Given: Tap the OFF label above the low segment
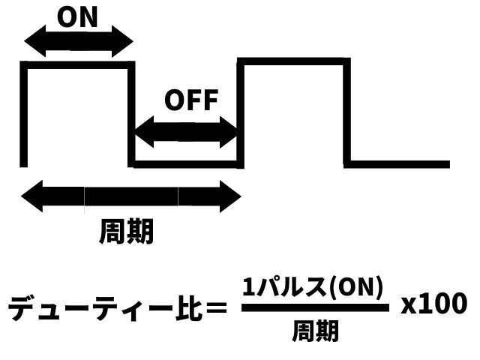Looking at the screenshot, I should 190,100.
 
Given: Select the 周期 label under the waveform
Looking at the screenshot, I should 126,232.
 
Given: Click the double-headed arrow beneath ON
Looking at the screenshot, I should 78,42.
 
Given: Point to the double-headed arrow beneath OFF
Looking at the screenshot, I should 185,132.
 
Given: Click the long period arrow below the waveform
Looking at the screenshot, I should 131,196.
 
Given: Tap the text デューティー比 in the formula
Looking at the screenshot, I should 105,307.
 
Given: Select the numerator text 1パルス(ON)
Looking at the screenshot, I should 313,286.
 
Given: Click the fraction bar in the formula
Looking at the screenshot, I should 315,307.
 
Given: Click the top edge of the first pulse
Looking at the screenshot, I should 78,65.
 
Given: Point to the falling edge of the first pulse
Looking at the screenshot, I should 132,112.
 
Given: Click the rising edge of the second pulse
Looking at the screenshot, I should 240,112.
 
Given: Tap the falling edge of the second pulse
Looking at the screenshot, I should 347,112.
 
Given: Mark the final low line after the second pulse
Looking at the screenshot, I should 397,163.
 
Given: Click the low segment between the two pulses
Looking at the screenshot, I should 186,163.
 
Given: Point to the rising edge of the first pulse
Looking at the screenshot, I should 24,112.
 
